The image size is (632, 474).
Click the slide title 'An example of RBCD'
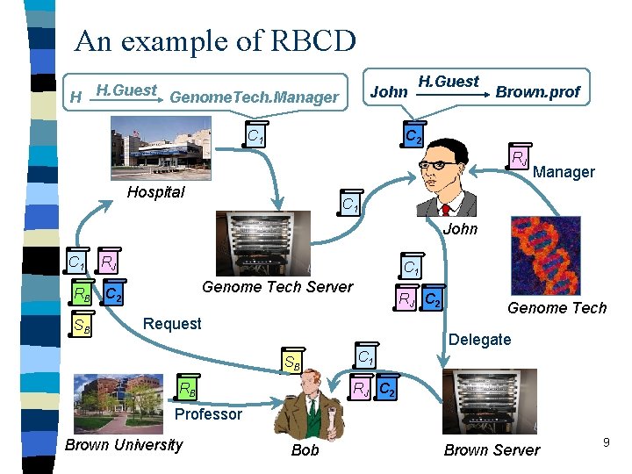tap(215, 40)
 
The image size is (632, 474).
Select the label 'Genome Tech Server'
tap(277, 287)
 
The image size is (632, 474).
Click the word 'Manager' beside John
tap(564, 172)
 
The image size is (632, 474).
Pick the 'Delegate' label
tap(479, 340)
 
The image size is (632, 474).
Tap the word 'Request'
tap(172, 324)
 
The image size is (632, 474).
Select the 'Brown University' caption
tap(124, 445)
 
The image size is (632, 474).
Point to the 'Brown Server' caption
tap(492, 449)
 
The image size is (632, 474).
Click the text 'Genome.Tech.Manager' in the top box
tap(254, 97)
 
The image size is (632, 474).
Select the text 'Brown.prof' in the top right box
tap(537, 91)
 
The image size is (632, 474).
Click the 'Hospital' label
tap(155, 192)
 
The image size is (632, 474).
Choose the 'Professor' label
tap(208, 413)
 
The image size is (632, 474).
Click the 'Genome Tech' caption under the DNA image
tap(557, 307)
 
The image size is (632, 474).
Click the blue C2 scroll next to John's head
tap(413, 136)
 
